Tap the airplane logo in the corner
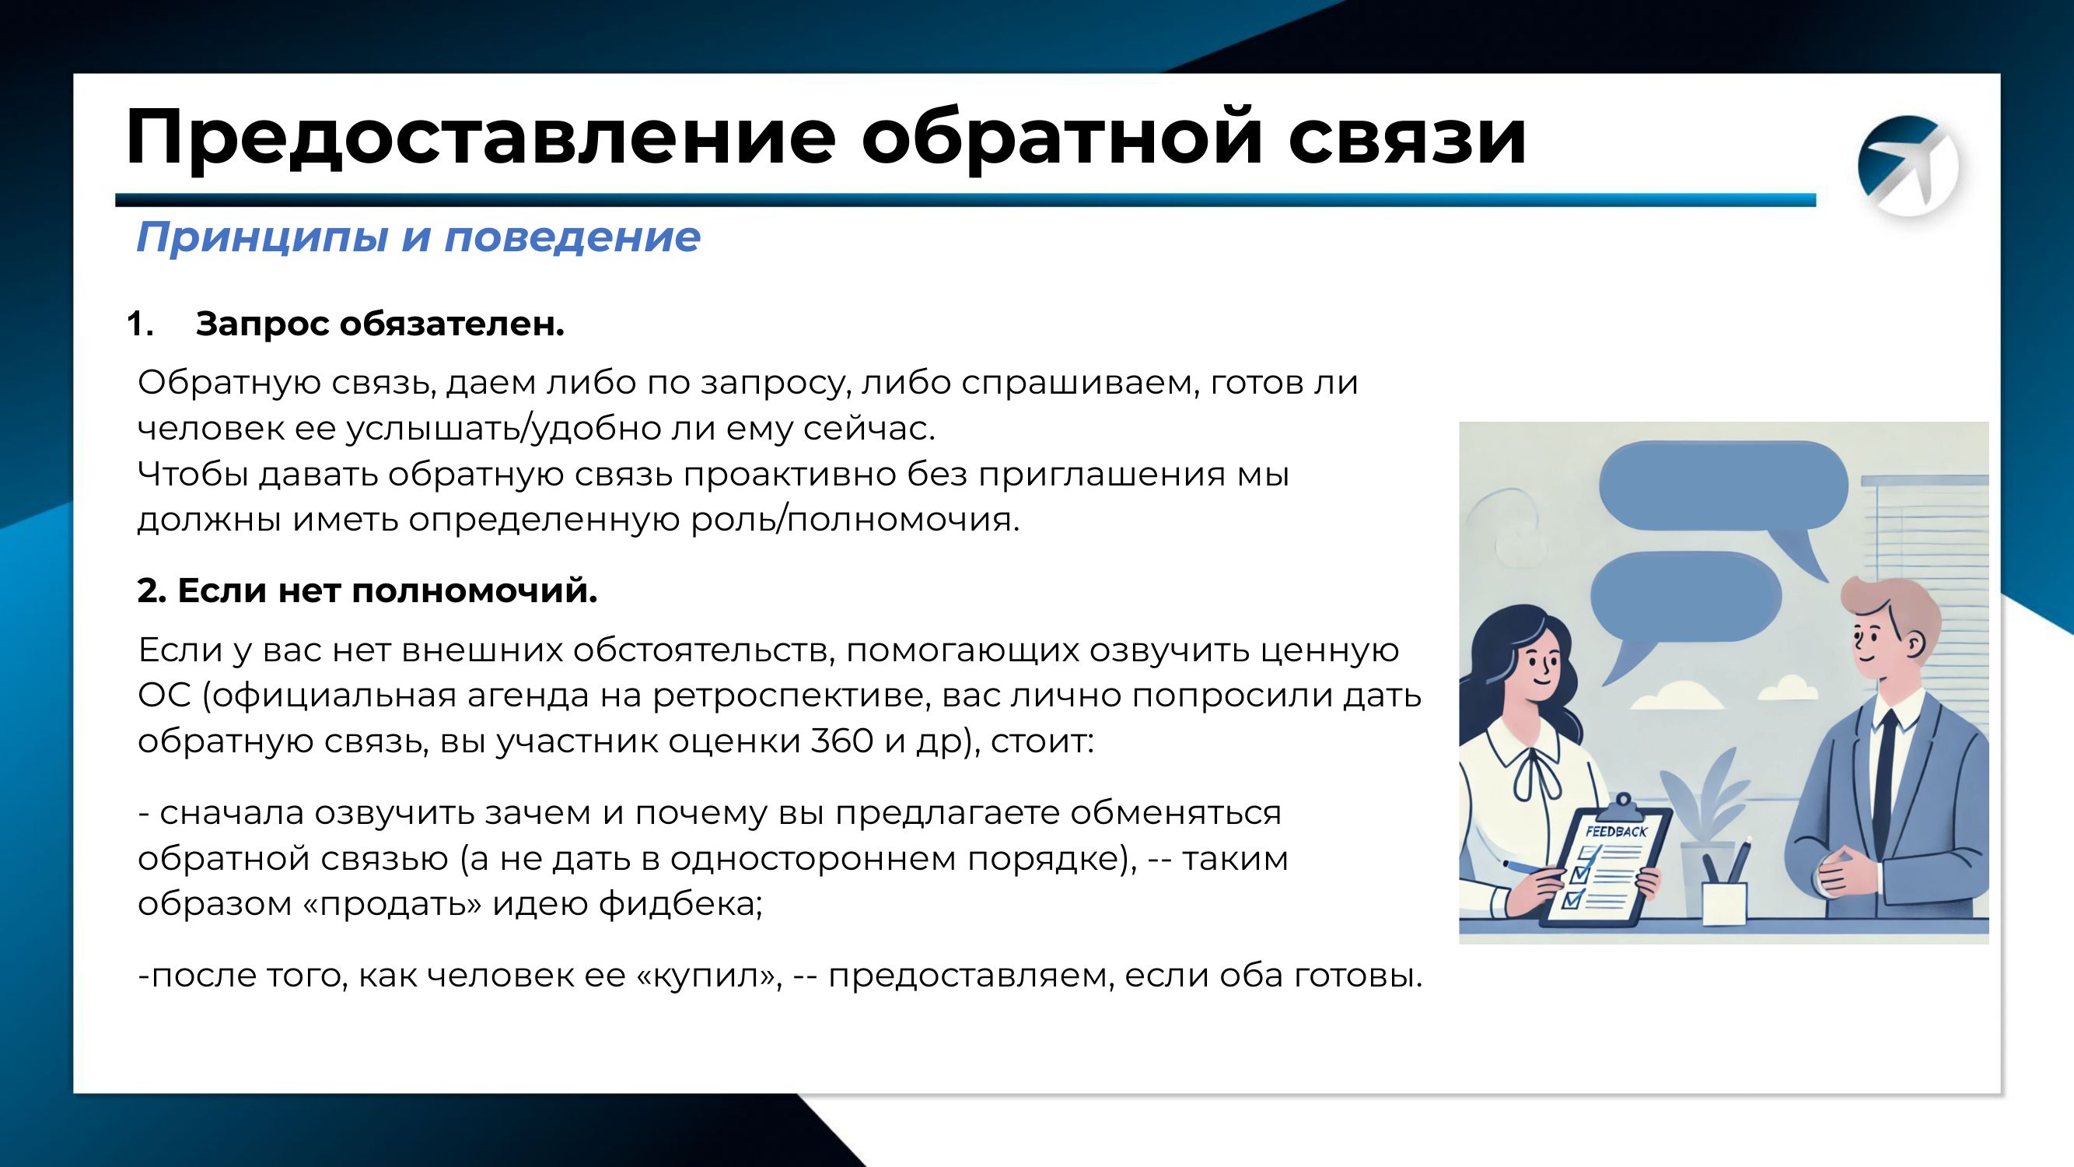pos(1908,166)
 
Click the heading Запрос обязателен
pos(379,324)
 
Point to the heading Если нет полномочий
pos(367,591)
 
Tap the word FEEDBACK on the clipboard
pos(1616,831)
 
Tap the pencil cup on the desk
pos(1725,902)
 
